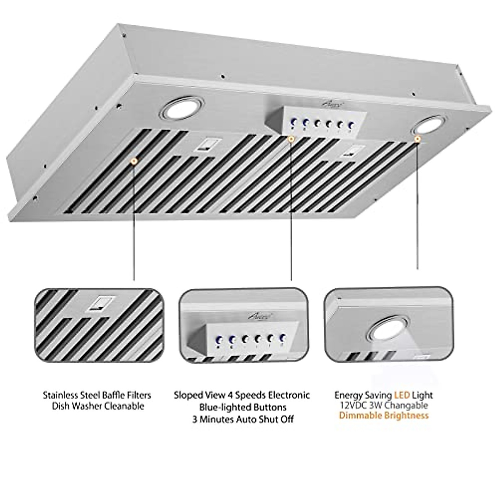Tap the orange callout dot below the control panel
tap(291, 139)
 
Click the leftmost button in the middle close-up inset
tap(220, 339)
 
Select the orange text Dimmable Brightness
tap(383, 415)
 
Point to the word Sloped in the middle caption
tap(188, 395)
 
